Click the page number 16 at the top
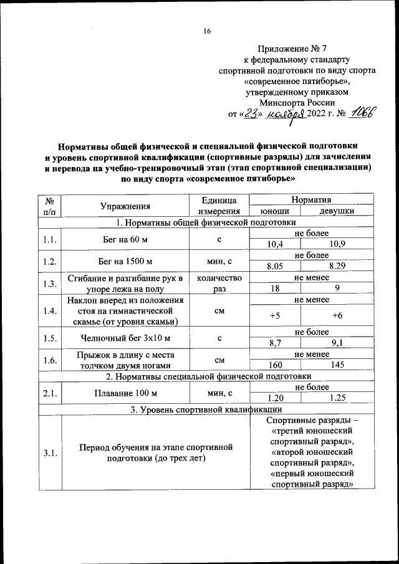pos(208,32)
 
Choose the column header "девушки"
pos(337,212)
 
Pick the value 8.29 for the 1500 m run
pos(337,266)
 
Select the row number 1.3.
pos(50,284)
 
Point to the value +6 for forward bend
pos(337,315)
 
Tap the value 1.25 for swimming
pos(337,398)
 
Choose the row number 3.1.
pos(50,453)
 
